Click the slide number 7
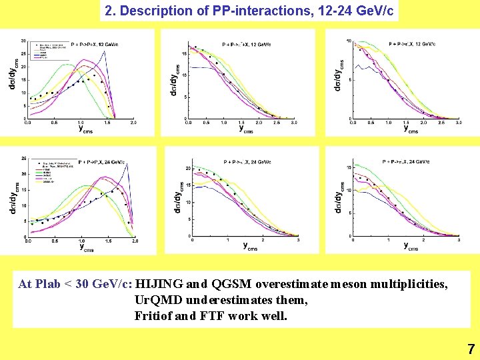pyautogui.click(x=471, y=348)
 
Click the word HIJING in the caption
pyautogui.click(x=163, y=284)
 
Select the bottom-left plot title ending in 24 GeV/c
pyautogui.click(x=102, y=162)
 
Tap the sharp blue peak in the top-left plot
pyautogui.click(x=105, y=52)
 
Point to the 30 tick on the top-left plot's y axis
pyautogui.click(x=23, y=41)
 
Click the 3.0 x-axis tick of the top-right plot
pyautogui.click(x=459, y=123)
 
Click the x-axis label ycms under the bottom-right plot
pyautogui.click(x=411, y=246)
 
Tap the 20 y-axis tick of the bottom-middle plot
pyautogui.click(x=188, y=169)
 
